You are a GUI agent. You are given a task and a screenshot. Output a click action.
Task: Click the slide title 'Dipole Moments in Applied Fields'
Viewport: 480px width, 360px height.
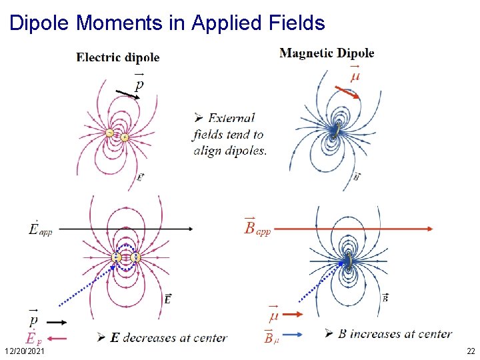click(167, 23)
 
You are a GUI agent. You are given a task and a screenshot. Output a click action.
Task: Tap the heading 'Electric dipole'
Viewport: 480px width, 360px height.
click(118, 57)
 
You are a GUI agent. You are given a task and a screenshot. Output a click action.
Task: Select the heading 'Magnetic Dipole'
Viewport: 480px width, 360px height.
click(327, 53)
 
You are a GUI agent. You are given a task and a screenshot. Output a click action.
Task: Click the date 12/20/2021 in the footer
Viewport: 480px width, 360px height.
click(24, 351)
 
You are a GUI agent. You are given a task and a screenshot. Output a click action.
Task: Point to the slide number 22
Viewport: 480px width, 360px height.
click(471, 351)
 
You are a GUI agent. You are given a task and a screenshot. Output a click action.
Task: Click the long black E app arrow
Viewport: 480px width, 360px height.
click(127, 229)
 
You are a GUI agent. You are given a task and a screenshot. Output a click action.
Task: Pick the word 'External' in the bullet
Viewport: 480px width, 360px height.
click(232, 119)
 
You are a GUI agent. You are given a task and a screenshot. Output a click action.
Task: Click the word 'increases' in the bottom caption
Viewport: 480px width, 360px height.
click(377, 333)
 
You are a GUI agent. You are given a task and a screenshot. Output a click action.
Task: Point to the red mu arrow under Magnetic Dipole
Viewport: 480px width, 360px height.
click(347, 92)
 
